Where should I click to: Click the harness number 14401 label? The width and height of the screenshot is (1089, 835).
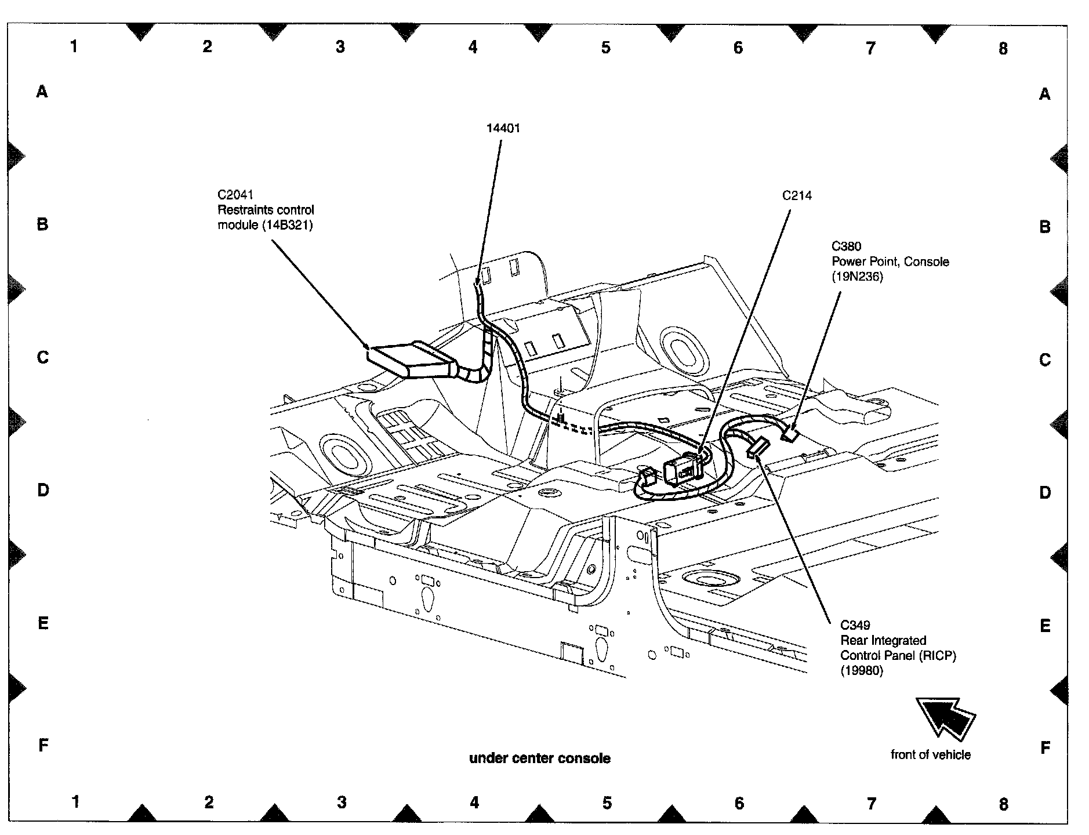[503, 128]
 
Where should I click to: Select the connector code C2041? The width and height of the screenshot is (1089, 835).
[235, 195]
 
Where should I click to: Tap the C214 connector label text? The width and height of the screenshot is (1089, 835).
[797, 196]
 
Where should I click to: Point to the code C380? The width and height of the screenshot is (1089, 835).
[846, 246]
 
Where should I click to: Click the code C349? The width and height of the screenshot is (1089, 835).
[855, 625]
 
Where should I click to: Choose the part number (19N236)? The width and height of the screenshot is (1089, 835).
[857, 277]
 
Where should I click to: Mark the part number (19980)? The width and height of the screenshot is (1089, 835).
[862, 671]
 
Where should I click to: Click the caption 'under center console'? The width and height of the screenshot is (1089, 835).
[539, 758]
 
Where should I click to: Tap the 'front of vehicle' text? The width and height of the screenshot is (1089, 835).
[930, 754]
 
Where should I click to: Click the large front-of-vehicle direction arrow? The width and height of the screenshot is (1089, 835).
[945, 718]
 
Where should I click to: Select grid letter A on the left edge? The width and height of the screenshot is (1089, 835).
[42, 91]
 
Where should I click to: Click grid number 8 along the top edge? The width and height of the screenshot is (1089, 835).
[1003, 48]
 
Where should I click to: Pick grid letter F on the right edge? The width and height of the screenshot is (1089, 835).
[1045, 748]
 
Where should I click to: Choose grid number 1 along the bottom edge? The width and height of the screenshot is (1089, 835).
[75, 802]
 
